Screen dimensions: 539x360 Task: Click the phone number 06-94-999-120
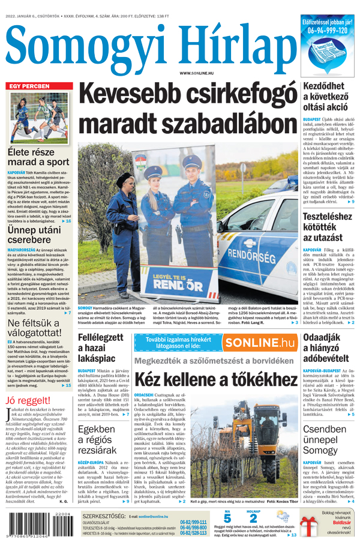pos(327,29)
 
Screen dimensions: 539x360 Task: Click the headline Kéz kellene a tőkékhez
pos(215,379)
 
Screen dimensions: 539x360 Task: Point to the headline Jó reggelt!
pos(28,400)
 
